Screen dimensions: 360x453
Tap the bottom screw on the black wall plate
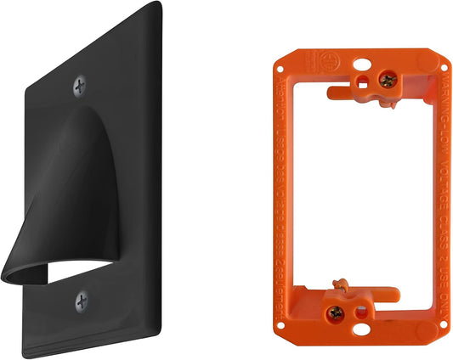(x=82, y=300)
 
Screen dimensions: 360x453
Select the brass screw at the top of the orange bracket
(x=388, y=81)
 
